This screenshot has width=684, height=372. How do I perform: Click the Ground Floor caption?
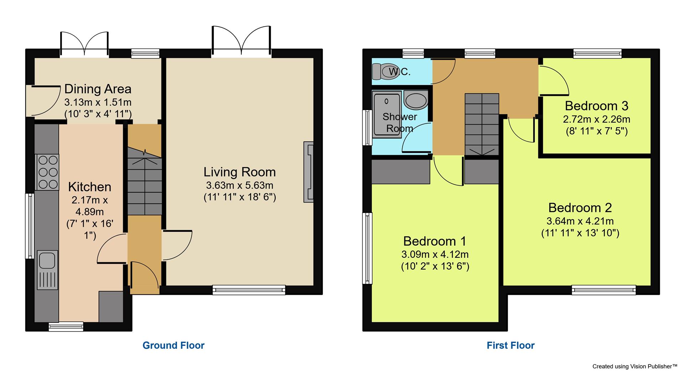(173, 345)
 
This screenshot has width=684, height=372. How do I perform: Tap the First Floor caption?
(511, 345)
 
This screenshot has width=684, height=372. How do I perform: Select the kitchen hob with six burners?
(47, 172)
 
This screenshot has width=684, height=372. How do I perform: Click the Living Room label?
(239, 172)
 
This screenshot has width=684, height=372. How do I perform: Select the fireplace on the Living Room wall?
(309, 172)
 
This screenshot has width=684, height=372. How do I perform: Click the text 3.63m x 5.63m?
(239, 185)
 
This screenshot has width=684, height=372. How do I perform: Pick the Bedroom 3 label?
(596, 106)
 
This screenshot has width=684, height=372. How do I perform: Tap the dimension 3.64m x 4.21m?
(580, 221)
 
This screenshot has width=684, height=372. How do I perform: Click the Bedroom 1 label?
(435, 241)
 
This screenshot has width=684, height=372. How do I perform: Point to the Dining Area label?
(98, 89)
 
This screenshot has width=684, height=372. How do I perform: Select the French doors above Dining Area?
(84, 44)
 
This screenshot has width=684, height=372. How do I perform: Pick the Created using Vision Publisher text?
(634, 366)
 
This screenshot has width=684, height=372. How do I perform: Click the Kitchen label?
(89, 187)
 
